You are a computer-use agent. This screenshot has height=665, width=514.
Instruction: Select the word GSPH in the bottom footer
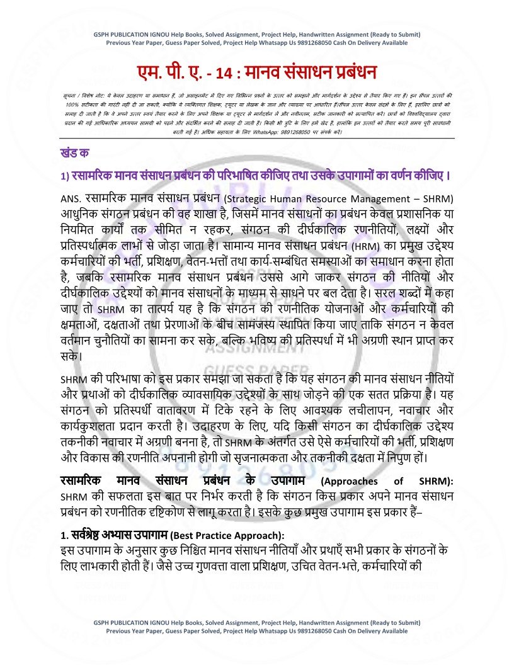point(101,622)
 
